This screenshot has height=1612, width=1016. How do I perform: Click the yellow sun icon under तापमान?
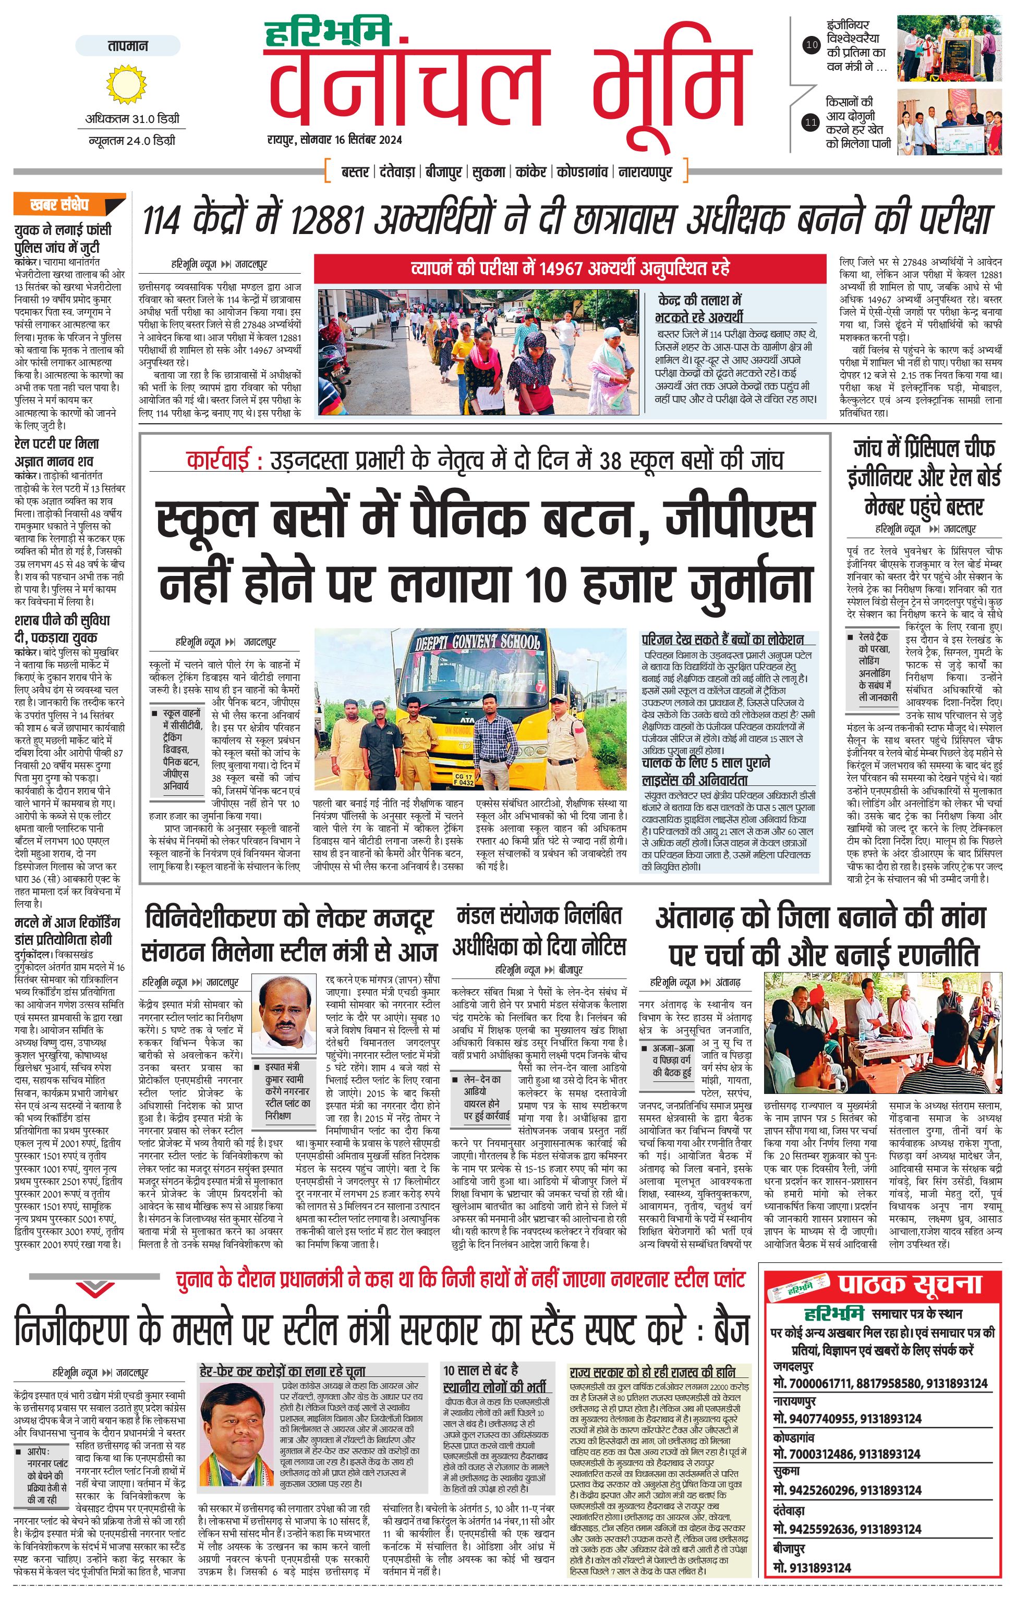click(x=126, y=84)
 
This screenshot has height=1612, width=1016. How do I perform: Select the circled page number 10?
click(x=811, y=45)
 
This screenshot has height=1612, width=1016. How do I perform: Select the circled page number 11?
click(x=811, y=122)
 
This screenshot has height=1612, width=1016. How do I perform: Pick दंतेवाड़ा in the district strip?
click(x=397, y=172)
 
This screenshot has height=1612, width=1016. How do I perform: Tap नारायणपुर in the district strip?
click(x=645, y=172)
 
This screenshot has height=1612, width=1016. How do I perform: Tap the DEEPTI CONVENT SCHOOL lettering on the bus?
click(x=477, y=642)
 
